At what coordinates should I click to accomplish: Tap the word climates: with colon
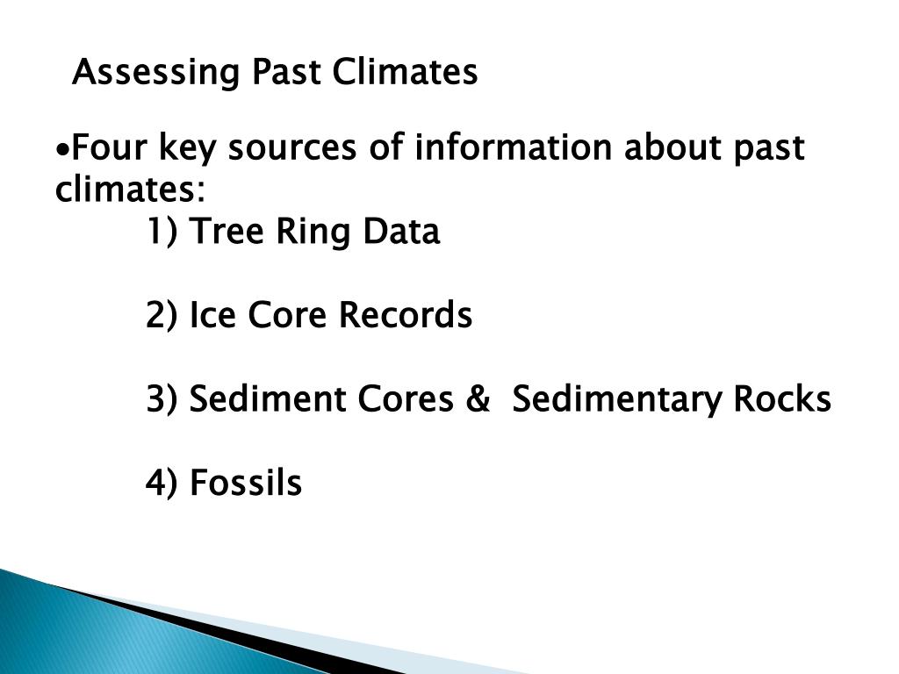(x=131, y=190)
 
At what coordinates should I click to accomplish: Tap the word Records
(x=405, y=316)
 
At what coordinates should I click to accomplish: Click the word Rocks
(x=782, y=399)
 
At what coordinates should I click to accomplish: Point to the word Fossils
(x=246, y=483)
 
